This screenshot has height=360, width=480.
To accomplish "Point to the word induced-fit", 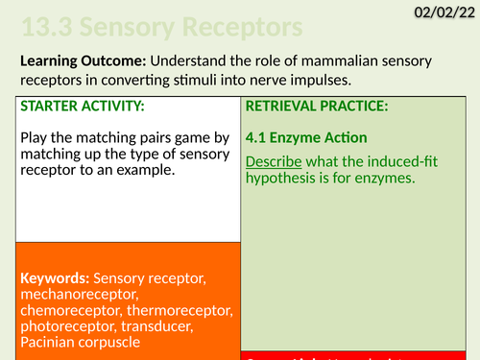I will pyautogui.click(x=396, y=160).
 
